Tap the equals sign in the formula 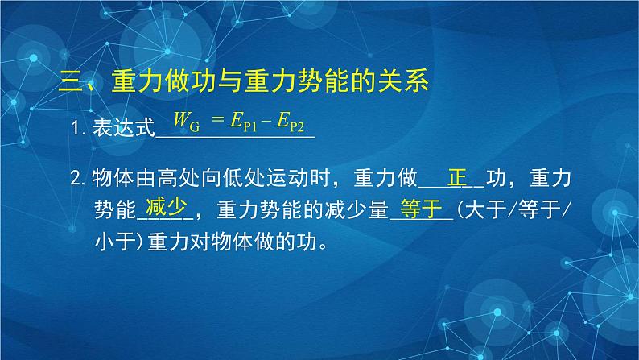click(216, 123)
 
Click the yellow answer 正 click(457, 175)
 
